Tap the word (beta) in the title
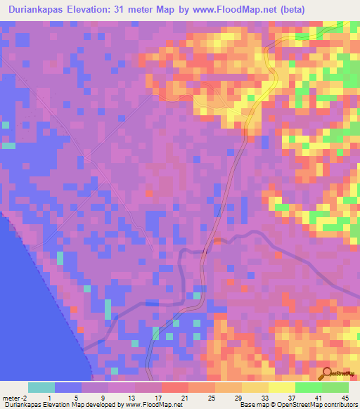coord(288,11)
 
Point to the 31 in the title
coord(128,11)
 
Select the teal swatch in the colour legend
coord(41,387)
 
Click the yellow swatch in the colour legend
coord(282,387)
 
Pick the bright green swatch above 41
coord(309,387)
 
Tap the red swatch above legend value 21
coord(175,387)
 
